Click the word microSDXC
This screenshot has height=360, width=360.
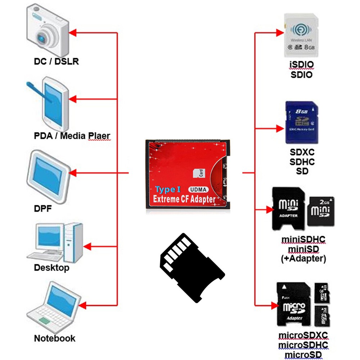303,336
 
